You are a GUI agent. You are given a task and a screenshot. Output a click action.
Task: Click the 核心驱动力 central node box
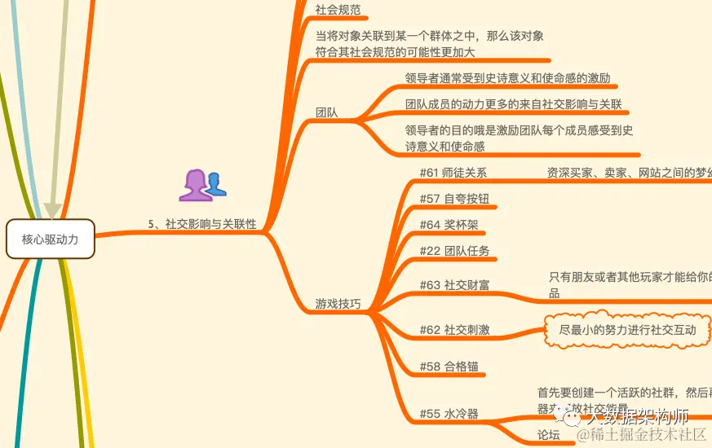(51, 239)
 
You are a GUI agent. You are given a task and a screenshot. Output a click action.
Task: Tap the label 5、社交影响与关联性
(202, 224)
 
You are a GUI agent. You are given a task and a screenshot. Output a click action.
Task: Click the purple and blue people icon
(201, 186)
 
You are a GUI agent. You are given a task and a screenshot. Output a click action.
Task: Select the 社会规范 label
(338, 11)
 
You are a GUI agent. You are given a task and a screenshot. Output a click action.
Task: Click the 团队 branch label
(327, 113)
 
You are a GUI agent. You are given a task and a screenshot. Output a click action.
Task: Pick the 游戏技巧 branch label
(338, 304)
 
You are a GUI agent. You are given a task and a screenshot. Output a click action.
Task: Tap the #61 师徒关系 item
(453, 173)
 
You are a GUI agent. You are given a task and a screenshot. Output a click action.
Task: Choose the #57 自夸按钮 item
(453, 199)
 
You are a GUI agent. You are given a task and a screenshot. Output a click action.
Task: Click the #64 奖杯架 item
(449, 225)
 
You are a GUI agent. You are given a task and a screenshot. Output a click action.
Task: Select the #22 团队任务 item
(454, 251)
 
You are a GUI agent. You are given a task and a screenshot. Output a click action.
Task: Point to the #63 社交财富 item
(454, 285)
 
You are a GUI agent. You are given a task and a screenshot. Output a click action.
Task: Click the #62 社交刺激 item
(454, 330)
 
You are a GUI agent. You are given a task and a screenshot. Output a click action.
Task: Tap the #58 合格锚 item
(449, 367)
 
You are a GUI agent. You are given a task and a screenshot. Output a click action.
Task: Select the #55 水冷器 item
(449, 414)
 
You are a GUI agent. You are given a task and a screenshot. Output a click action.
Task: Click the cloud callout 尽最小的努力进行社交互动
(627, 330)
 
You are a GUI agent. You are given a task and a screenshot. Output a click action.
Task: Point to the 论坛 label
(549, 435)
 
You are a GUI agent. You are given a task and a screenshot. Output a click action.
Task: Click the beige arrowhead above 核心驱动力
(52, 211)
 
